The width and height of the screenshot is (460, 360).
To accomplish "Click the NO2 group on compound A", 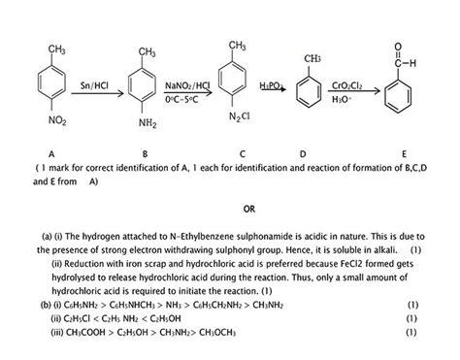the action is pos(57,120).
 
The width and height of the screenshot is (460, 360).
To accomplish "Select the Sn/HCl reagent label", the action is pos(94,85).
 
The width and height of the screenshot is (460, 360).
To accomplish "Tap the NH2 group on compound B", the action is pos(148,123).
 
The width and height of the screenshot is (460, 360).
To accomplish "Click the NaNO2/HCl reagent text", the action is pos(187,85).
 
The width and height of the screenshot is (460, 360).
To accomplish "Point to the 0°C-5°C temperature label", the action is pos(181,99).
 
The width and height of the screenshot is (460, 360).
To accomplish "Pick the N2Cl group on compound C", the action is pos(240,116).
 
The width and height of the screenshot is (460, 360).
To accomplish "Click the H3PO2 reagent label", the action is pos(272,85).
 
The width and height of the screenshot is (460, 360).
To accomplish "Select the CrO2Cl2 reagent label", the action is pos(346,85).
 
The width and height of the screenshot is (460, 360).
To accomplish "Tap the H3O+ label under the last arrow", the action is pos(342,99).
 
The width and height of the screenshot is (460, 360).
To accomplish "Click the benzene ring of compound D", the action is pos(309,91).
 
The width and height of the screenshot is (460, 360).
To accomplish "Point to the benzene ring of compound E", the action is pos(398,97).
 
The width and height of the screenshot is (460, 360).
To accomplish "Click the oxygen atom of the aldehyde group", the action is pos(398,47).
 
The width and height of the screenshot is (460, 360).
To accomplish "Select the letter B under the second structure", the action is pos(145,154).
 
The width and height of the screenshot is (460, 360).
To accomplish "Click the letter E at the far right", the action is pos(404,154).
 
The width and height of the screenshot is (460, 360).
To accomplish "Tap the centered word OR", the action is pos(249,209).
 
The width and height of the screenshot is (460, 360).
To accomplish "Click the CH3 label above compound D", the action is pos(312,58).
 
